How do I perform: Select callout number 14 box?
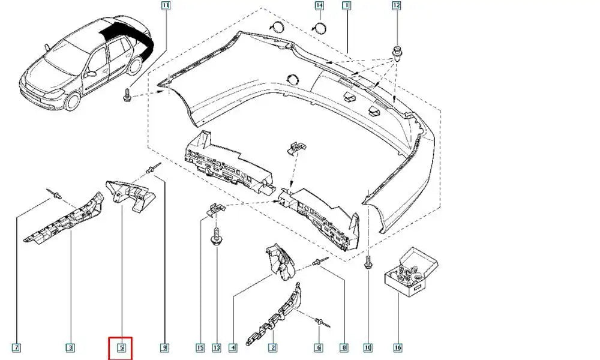[319, 6]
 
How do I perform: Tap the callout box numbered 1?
[346, 6]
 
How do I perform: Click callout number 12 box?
[396, 6]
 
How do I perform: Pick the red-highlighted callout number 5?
[120, 347]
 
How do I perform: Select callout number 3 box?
[70, 347]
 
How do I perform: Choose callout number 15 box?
[200, 347]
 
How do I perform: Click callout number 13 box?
[216, 347]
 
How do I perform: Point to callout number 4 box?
[233, 347]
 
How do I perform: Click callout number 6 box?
[319, 347]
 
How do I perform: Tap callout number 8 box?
[345, 347]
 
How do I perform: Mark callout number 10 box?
[368, 347]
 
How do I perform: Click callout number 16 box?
[397, 347]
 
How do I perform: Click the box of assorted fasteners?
[410, 272]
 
